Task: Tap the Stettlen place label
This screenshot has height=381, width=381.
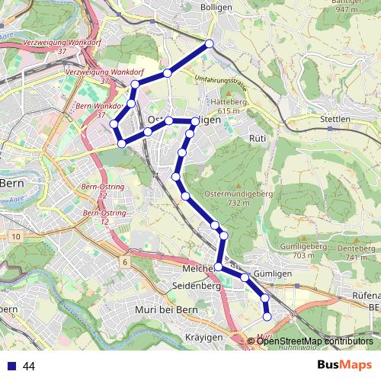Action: pos(335,119)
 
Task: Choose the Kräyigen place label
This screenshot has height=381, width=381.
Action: pos(202,337)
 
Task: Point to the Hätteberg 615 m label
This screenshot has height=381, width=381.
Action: pos(230,106)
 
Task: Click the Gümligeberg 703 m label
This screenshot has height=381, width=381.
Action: pos(298,251)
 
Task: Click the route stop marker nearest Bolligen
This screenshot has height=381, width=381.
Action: pos(209,45)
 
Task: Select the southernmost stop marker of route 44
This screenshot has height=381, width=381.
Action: pos(267,316)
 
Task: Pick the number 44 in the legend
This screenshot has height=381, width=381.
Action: pos(29,367)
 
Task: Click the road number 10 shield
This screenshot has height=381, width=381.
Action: pos(17,237)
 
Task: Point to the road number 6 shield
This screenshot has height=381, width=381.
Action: pos(123,262)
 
